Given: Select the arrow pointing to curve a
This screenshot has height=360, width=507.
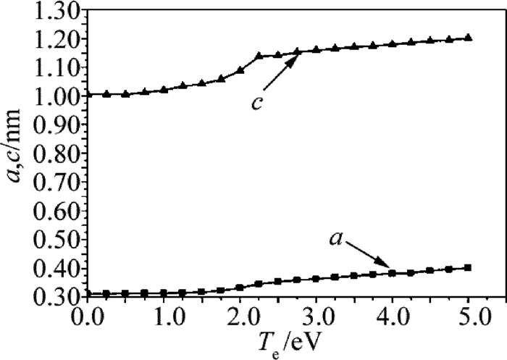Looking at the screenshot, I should pos(370,258).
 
